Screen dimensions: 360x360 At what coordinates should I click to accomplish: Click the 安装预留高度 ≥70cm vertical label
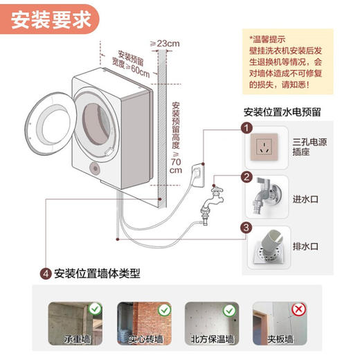tap(176, 138)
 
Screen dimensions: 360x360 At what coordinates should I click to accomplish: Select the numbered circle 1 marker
tap(244, 127)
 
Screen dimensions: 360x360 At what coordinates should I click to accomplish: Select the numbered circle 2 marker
tap(244, 177)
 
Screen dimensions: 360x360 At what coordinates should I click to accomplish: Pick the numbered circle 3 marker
tap(244, 227)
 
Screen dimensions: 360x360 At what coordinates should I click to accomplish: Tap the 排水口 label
tap(307, 246)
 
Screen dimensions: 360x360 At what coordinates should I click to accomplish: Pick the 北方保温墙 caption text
tap(214, 339)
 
